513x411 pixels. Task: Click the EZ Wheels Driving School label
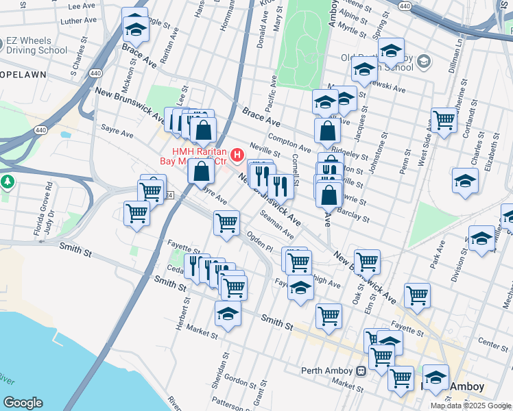tap(38, 45)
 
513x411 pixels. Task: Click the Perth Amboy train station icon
tap(361, 371)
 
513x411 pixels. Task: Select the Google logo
tap(23, 402)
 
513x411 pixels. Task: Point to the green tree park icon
tap(8, 182)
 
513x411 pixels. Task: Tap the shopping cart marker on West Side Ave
tap(444, 121)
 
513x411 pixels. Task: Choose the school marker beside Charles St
tap(465, 181)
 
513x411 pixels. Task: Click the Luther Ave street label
tap(75, 21)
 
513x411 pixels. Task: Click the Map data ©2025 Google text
tap(470, 406)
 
